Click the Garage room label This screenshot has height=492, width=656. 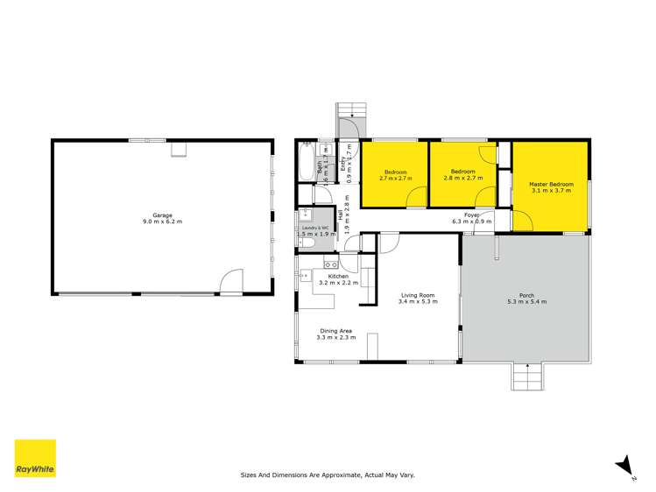162,214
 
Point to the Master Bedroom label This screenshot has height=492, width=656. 551,185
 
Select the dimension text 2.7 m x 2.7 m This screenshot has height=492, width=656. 395,178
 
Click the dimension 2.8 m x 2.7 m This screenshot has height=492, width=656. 462,178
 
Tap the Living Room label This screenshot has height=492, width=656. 417,295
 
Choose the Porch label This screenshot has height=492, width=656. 526,295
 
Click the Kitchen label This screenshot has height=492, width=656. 338,276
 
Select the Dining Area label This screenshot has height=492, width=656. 336,331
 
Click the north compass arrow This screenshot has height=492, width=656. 624,464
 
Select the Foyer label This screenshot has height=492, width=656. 471,214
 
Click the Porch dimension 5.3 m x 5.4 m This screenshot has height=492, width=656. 526,302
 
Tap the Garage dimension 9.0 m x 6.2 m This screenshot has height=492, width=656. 162,221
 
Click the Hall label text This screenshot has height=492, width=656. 340,212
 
